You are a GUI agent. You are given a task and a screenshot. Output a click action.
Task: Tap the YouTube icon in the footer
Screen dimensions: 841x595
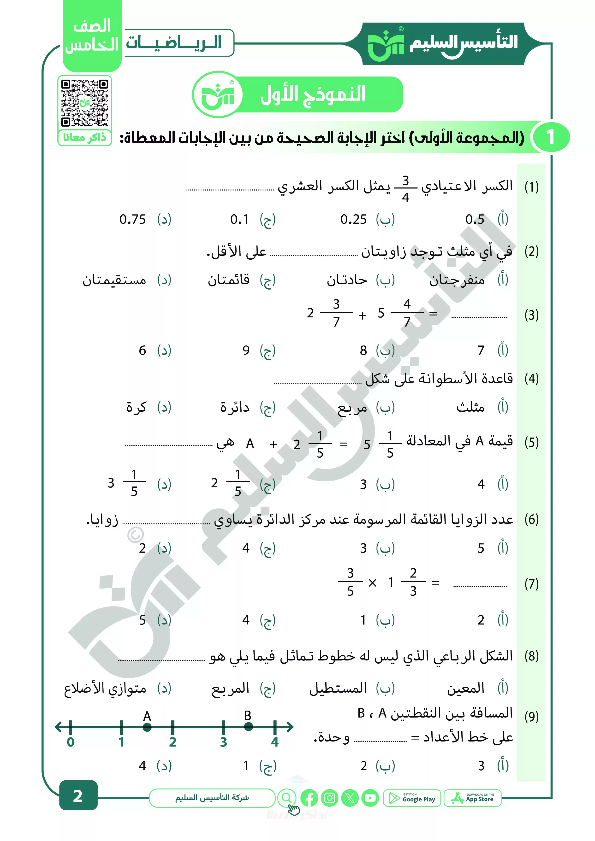[370, 798]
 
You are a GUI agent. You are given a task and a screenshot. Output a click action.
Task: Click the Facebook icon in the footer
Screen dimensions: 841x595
[309, 798]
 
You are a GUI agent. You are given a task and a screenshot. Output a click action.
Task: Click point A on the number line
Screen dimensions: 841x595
[147, 727]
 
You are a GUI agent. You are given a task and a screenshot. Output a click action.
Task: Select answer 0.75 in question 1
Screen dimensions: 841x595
[133, 219]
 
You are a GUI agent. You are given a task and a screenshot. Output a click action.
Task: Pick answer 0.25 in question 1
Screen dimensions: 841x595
[353, 219]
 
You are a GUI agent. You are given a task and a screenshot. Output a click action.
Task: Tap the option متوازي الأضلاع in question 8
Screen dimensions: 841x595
[105, 689]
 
